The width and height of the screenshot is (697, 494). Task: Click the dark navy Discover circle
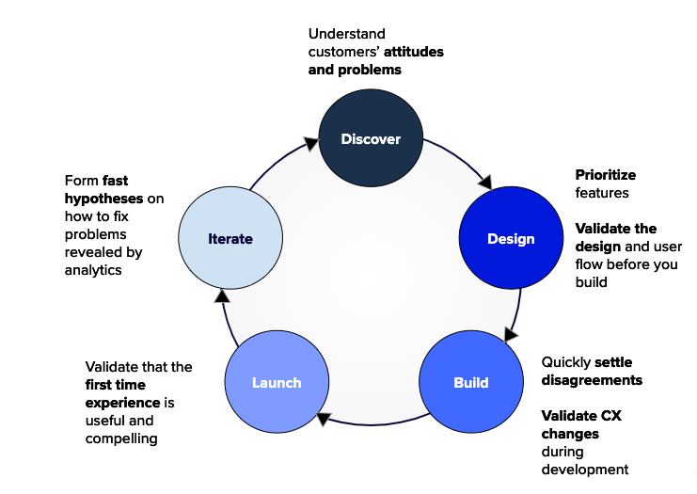[371, 137]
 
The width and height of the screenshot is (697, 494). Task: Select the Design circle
[511, 238]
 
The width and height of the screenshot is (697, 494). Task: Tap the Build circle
[471, 381]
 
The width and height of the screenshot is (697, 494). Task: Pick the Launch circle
[277, 381]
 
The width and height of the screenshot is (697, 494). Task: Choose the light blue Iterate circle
[230, 238]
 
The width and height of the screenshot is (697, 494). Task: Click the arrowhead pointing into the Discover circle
[311, 143]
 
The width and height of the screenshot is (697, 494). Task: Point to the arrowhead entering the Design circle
[486, 183]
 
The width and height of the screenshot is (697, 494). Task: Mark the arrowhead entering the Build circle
[511, 334]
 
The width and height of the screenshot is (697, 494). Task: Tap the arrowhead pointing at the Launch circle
[324, 419]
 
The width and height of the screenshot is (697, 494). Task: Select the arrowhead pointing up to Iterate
[222, 296]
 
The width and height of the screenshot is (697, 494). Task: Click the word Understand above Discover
[347, 34]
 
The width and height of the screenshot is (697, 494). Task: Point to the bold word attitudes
[413, 52]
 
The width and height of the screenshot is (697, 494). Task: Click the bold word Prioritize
[606, 175]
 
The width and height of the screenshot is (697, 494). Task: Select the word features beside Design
[602, 193]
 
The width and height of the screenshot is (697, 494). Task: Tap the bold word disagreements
[592, 380]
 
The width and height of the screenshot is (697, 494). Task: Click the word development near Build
[585, 470]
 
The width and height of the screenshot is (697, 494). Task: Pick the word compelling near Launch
[121, 438]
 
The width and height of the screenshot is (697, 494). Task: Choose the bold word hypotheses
[104, 199]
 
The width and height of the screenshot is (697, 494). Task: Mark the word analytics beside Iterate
[93, 270]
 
